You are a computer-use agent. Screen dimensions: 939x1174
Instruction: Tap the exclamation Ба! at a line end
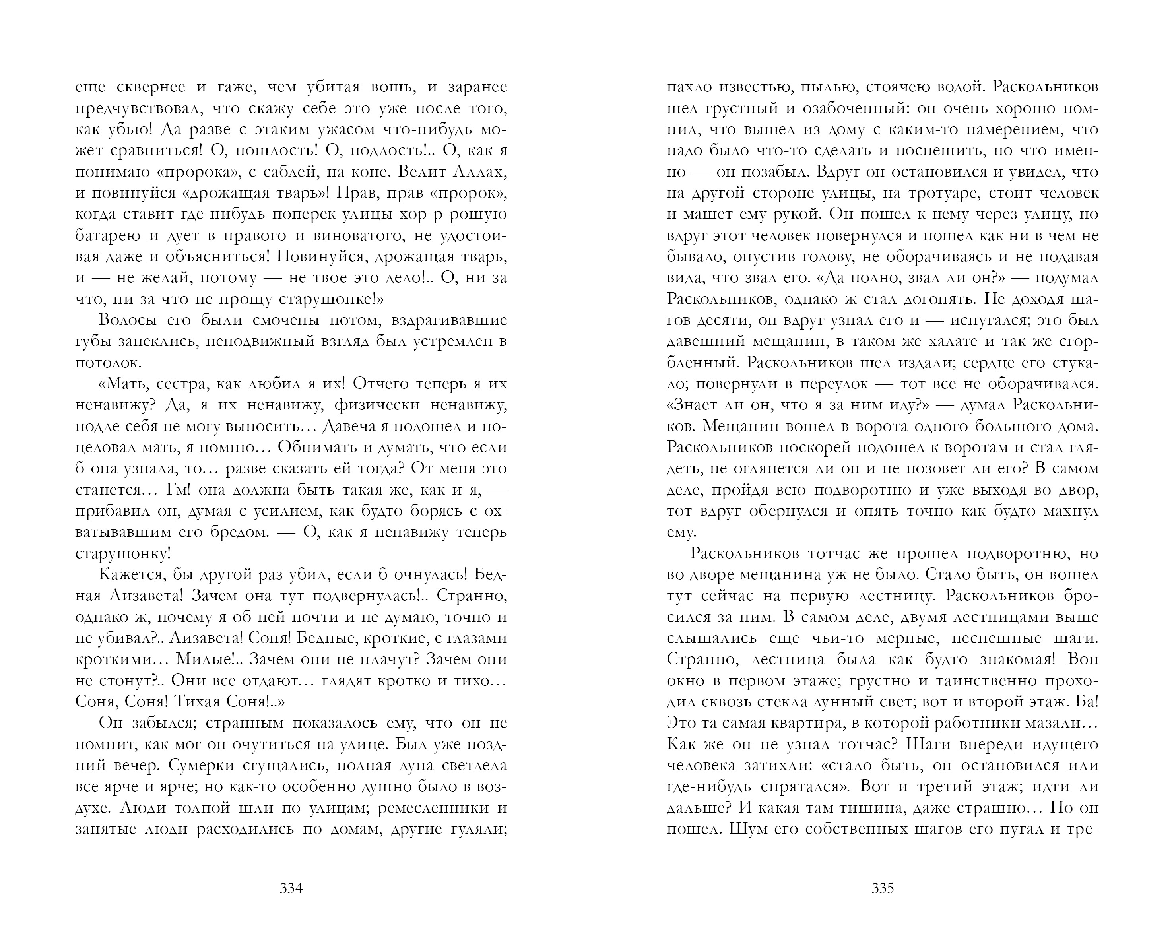pyautogui.click(x=1087, y=702)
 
